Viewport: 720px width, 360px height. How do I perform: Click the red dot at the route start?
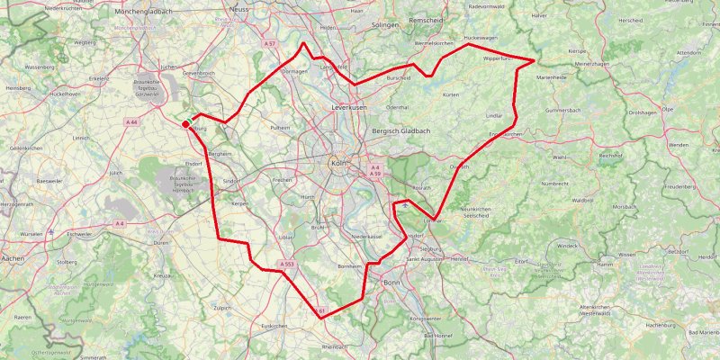[185, 124]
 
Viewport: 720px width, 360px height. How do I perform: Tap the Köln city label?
[338, 163]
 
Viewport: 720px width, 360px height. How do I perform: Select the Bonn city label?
[391, 283]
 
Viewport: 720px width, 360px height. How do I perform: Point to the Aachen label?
[13, 258]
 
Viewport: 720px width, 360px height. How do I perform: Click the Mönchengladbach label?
[144, 10]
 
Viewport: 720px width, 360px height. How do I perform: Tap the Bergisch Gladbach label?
[400, 131]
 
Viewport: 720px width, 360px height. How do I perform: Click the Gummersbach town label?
[564, 110]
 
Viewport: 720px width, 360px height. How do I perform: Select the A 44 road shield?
[131, 121]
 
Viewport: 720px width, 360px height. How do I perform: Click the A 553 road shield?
[286, 265]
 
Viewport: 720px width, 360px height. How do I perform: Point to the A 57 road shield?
[269, 43]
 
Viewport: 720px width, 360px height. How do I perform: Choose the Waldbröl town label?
[581, 201]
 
